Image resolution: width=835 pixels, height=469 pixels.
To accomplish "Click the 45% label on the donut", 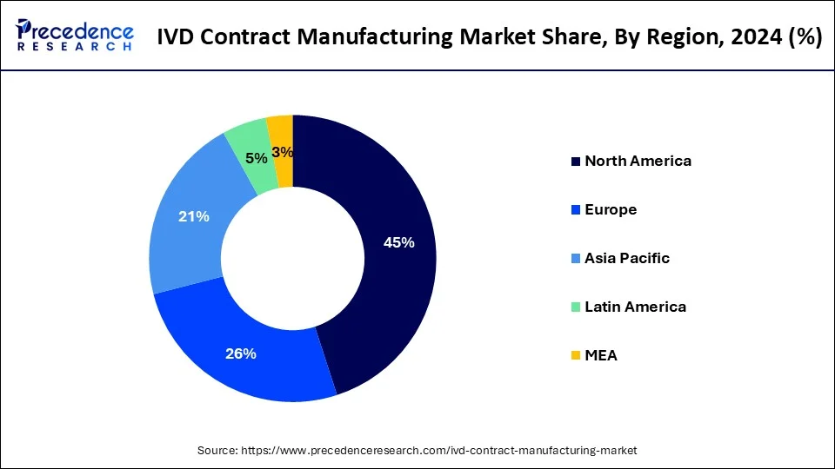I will coord(398,243).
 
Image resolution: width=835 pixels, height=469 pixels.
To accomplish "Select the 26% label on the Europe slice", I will coord(241,353).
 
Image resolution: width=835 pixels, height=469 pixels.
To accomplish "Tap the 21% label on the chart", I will coord(193,216).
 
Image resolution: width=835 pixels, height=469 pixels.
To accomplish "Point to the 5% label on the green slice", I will coord(257,158).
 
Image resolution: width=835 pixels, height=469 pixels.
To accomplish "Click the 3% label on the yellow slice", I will coord(282,152).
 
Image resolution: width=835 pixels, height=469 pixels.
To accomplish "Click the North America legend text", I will coord(638,161).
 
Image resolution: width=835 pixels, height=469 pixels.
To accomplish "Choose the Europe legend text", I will coord(611,209).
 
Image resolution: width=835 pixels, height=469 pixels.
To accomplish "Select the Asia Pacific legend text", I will coord(626,258).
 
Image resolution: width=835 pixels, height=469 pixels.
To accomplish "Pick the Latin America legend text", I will coord(635,307).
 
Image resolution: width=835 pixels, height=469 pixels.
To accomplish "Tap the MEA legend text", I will coord(601,355).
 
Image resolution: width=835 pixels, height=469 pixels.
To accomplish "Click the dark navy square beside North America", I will coord(575,162).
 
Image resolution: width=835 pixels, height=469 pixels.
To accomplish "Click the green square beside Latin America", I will coord(575,307).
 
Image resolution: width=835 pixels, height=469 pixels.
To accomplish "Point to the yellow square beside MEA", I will coord(575,356).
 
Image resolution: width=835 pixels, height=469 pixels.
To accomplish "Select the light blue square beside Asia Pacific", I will coord(575,259).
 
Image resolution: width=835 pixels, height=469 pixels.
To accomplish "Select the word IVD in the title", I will coord(177,37).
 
